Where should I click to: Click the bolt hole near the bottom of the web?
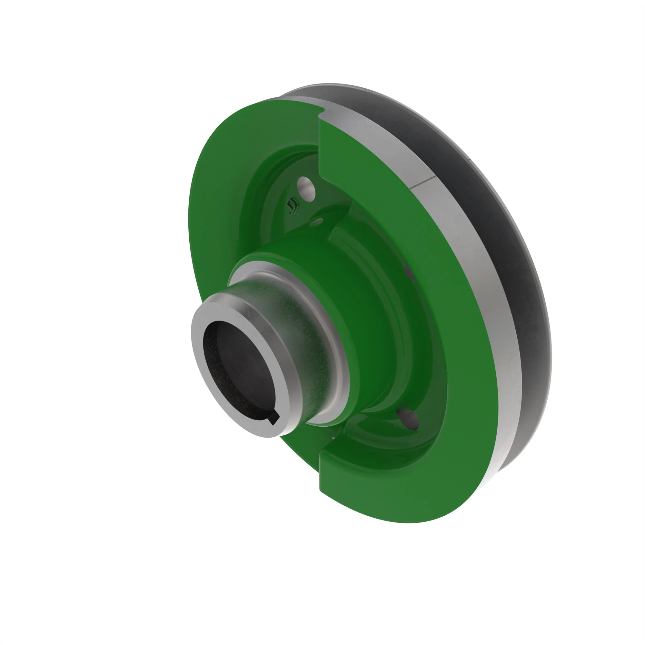coord(408,419)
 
